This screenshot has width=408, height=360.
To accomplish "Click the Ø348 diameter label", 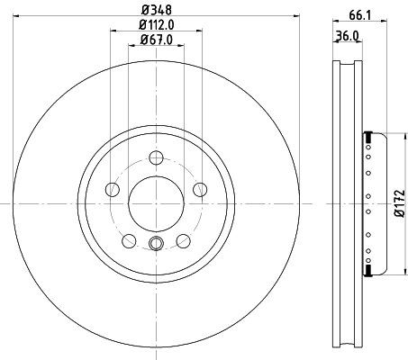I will [156, 10].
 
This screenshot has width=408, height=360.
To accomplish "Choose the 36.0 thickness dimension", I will [348, 37].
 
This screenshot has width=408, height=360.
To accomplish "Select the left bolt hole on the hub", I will [112, 189].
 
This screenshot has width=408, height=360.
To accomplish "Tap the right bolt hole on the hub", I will [200, 189].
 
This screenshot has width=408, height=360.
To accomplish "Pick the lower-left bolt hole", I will [129, 240].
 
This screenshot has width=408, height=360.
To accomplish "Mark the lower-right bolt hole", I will [184, 240].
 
